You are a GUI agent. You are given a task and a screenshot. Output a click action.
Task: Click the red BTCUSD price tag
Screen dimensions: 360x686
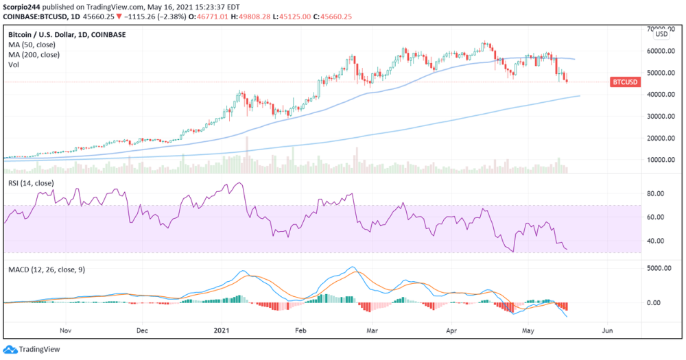coord(624,82)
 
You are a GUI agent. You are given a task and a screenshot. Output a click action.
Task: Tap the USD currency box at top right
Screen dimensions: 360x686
coord(661,34)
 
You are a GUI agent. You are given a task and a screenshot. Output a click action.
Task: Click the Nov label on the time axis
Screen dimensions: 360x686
coord(66,329)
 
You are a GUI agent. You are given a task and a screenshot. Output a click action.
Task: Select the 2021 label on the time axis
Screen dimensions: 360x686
coord(226,329)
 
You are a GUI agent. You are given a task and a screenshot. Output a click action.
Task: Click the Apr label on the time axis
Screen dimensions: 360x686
coord(452,329)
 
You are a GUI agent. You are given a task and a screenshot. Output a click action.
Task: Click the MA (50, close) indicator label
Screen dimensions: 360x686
coord(32,44)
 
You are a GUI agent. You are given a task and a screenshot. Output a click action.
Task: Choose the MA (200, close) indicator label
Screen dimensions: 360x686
coord(34,55)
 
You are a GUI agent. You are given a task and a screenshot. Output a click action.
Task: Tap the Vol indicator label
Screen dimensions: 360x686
coord(14,65)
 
